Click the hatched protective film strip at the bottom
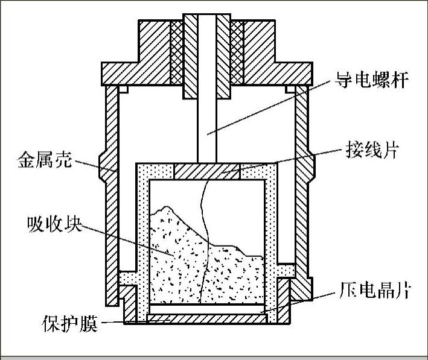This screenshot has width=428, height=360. point(206,318)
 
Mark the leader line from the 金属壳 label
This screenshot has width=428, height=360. point(91,165)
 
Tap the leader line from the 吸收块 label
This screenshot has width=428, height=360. point(127,238)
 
